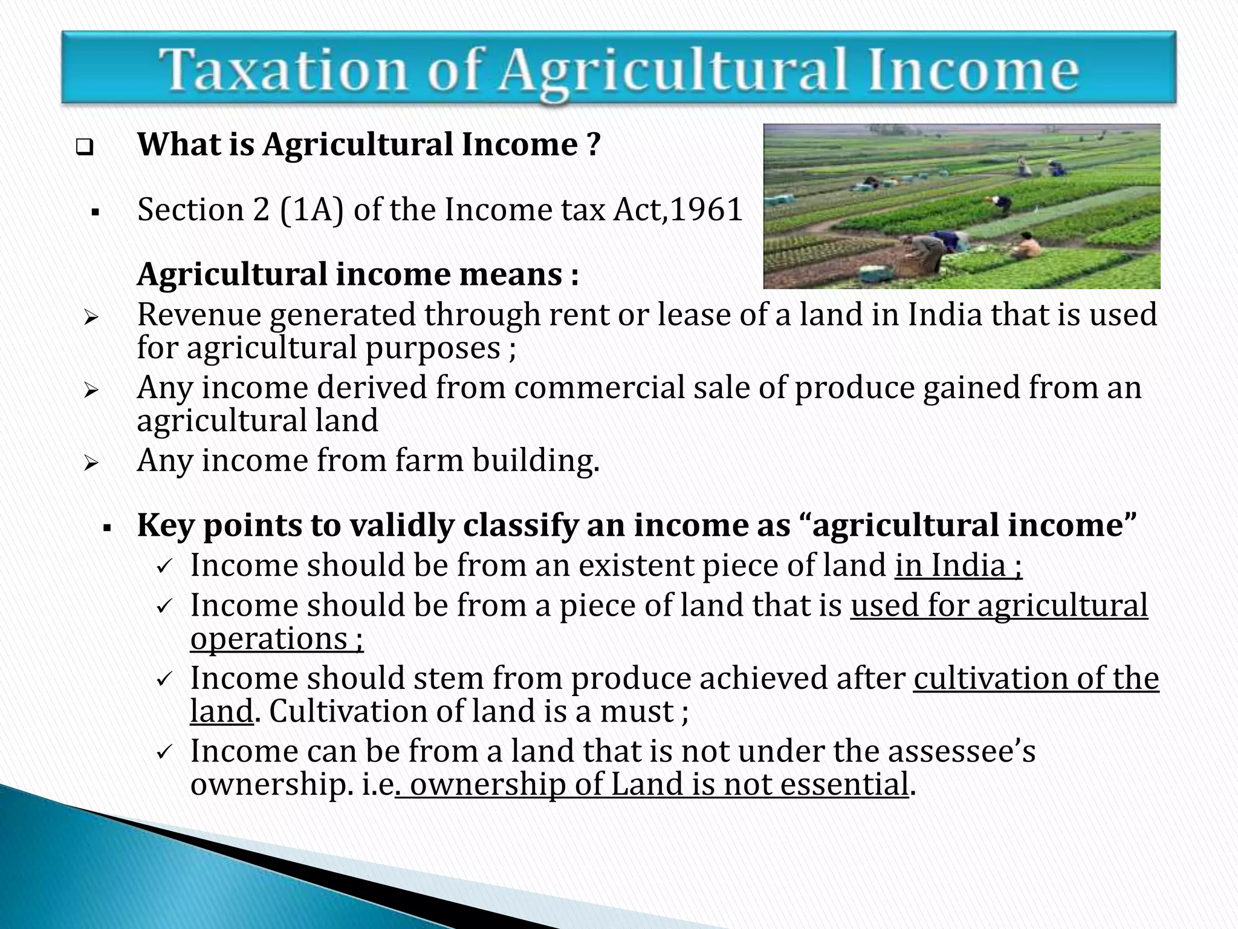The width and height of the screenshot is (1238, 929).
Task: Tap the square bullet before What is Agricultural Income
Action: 85,148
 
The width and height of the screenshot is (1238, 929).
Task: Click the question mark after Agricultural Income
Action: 593,145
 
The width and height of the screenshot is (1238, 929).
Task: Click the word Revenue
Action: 198,315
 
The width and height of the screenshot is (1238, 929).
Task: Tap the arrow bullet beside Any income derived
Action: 91,391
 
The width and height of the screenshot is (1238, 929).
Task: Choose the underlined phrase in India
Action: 958,566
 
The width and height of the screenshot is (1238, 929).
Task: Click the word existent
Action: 636,566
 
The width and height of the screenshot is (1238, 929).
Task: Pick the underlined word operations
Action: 269,639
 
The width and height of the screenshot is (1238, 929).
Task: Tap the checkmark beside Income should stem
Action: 164,679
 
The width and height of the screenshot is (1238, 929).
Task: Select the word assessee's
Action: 961,751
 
